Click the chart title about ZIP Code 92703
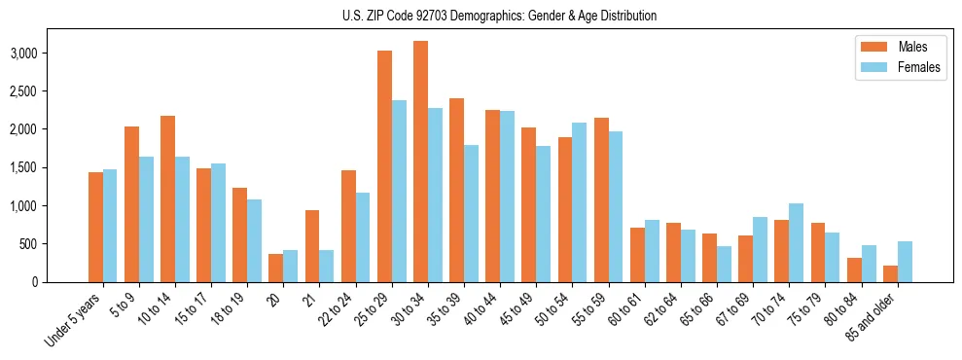click(500, 16)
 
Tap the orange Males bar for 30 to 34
click(420, 162)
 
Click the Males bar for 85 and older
click(889, 273)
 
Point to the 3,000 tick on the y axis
click(54, 53)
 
